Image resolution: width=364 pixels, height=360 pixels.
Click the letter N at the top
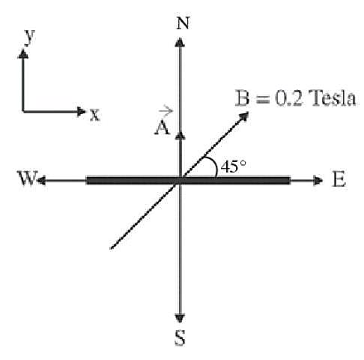coord(183,23)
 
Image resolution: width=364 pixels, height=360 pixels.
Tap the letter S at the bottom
coord(180,337)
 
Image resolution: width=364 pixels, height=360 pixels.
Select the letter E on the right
coord(339,179)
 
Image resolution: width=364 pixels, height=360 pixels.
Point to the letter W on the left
coord(28,178)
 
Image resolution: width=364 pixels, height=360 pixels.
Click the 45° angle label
coord(234,166)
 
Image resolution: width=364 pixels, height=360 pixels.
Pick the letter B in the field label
coord(243,97)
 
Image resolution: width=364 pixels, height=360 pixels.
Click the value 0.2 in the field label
coord(288,97)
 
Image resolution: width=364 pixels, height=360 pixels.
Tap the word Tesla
coord(332,97)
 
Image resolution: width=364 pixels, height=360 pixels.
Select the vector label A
coord(163,127)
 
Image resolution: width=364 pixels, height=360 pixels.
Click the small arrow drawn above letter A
coord(166,110)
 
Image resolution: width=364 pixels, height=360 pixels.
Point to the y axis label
coord(30,37)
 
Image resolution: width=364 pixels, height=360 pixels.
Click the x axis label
coord(94,115)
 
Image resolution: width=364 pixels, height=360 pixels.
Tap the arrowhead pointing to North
coord(180,42)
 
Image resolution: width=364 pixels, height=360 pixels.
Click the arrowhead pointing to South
coord(180,318)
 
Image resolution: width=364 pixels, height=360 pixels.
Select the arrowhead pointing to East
coord(318,180)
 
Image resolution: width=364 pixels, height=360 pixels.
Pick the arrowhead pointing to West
coord(41,180)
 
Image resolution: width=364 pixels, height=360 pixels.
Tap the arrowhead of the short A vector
coord(180,136)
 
